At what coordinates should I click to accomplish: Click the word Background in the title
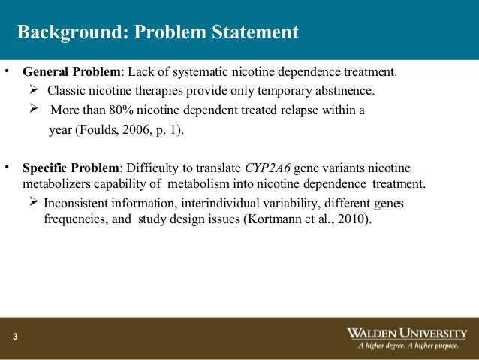[x=64, y=33]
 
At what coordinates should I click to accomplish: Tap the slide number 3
[x=14, y=336]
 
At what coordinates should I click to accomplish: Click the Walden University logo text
[x=407, y=332]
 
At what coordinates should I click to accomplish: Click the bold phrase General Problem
[x=71, y=72]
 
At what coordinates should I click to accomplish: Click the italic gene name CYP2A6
[x=269, y=167]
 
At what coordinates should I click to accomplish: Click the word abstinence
[x=347, y=91]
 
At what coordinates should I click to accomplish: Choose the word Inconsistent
[x=79, y=203]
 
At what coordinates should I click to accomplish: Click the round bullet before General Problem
[x=7, y=72]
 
